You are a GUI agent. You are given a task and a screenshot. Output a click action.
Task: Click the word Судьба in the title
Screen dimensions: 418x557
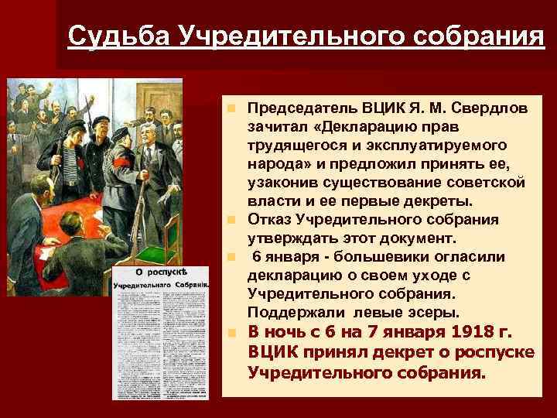pyautogui.click(x=116, y=36)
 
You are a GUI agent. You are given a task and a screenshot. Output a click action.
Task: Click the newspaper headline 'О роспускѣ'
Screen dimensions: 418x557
pyautogui.click(x=161, y=272)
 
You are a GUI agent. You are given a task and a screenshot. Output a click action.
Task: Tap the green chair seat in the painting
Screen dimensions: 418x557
pyautogui.click(x=165, y=245)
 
